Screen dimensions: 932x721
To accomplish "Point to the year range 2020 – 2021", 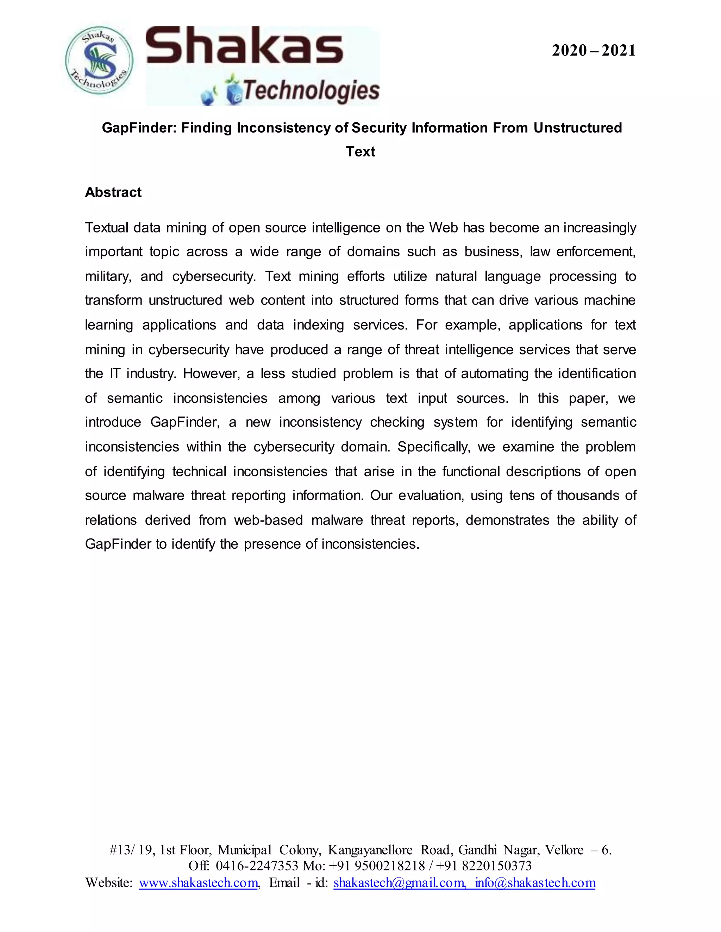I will point(593,51).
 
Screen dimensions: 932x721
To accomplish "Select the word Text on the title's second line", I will point(360,152).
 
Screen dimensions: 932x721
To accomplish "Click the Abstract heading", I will point(113,192).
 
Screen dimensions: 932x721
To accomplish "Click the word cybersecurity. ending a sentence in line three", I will point(214,276).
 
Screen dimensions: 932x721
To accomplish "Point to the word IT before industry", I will point(114,374).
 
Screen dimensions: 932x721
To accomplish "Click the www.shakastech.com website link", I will point(199,882).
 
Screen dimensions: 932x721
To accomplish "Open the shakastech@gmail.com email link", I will point(399,882).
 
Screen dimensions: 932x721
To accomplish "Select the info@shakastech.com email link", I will point(535,882).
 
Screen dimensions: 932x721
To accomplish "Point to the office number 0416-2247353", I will point(257,866).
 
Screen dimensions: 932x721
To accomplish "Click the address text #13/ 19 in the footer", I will point(131,850).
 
